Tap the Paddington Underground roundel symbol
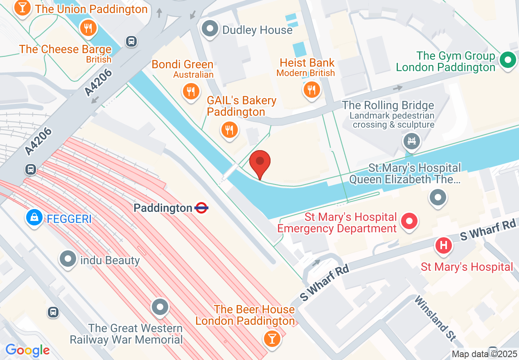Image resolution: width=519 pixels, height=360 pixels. (201, 208)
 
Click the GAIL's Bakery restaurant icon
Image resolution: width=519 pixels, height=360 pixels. (229, 130)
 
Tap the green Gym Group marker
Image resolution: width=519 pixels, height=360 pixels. (508, 61)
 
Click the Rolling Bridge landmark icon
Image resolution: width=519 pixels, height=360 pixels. (412, 142)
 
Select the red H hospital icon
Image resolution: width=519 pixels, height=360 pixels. (443, 245)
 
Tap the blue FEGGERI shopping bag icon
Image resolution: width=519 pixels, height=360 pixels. (34, 217)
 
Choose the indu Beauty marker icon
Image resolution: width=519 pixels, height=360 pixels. (68, 259)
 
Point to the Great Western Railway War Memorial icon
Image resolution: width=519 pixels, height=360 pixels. (160, 307)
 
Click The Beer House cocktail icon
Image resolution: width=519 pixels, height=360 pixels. (271, 338)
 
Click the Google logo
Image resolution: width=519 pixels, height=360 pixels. (27, 350)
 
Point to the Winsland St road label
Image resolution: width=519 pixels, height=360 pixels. (435, 318)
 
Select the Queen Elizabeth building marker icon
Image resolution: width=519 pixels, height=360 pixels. (438, 198)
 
